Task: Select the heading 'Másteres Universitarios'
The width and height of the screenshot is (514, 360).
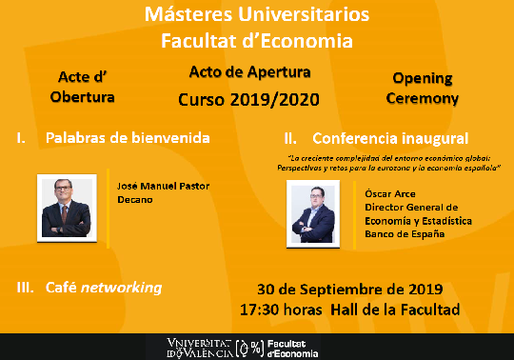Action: [x=256, y=16]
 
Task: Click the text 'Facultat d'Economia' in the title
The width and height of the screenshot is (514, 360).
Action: [x=256, y=41]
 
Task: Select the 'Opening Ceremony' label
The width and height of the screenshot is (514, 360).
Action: [x=425, y=88]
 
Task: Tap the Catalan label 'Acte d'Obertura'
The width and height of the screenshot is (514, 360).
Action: [x=86, y=88]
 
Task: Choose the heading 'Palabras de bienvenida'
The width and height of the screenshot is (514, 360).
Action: [x=128, y=138]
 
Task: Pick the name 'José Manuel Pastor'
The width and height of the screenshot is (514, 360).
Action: [x=161, y=186]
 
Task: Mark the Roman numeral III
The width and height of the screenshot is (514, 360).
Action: [x=26, y=287]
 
